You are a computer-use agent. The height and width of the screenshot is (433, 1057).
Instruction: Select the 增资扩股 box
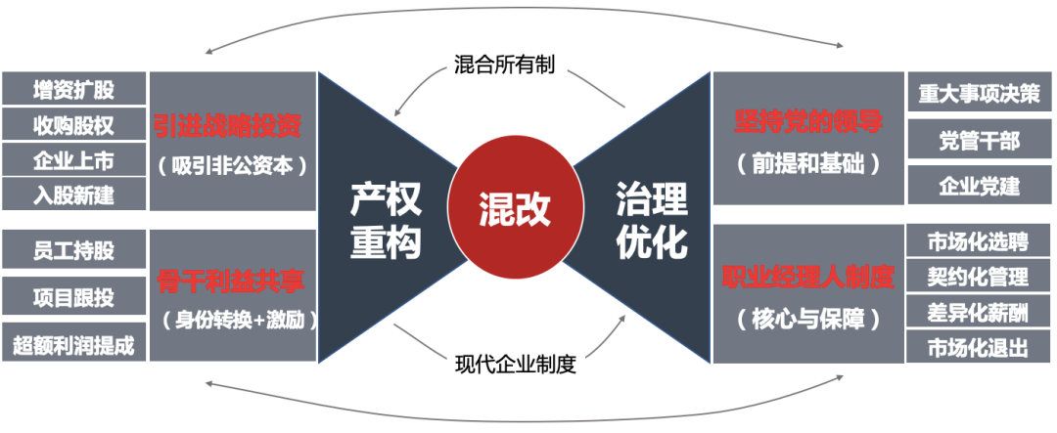coord(73,90)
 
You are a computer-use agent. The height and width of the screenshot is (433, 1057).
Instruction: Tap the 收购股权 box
coord(73,125)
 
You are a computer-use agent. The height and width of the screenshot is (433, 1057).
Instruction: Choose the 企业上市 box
coord(73,159)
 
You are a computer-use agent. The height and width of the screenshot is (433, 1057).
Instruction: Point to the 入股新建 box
coord(73,195)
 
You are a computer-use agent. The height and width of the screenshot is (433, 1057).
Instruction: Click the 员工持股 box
coord(73,250)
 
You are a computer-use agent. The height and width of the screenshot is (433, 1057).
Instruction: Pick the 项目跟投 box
coord(73,296)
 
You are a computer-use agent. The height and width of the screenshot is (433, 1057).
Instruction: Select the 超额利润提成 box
coord(73,344)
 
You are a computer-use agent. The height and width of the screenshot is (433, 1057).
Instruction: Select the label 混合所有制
coord(505,64)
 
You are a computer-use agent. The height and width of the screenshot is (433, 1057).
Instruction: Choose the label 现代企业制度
coord(516,366)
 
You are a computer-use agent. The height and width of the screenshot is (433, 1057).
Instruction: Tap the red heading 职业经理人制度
coord(808,278)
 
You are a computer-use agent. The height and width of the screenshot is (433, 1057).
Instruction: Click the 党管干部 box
coord(979,141)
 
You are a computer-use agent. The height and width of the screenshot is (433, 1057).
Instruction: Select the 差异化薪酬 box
coord(979,312)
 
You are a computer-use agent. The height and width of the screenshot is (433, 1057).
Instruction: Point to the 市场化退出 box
coord(979,347)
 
